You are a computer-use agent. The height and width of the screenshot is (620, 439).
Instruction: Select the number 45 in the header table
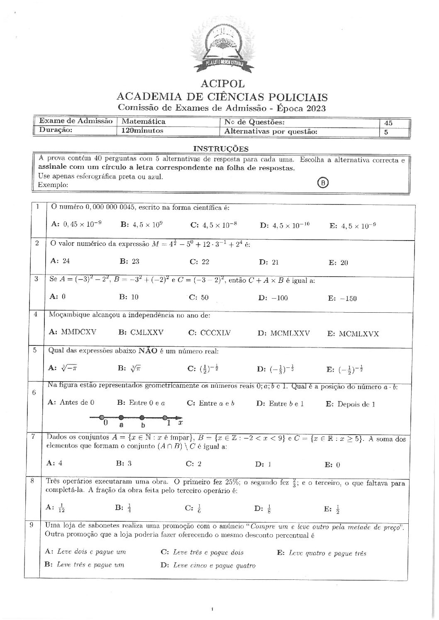point(388,123)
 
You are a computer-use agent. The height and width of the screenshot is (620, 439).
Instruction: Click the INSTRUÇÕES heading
point(221,149)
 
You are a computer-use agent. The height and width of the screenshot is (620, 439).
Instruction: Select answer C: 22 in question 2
point(199,262)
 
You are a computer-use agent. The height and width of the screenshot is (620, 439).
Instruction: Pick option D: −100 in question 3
point(273,297)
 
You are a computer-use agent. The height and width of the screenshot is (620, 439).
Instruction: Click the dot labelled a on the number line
point(121,417)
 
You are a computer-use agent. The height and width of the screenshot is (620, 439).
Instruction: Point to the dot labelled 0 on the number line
point(100,417)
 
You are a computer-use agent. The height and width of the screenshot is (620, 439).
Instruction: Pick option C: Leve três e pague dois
point(202,552)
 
